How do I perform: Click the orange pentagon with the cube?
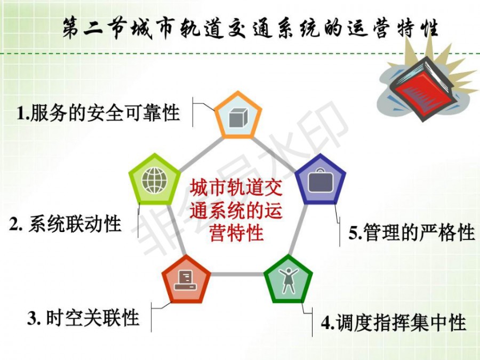point(238,115)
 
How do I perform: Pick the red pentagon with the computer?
point(186,279)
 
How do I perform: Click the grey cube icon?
point(238,118)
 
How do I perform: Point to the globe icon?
point(155,180)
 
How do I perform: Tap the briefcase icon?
point(320,181)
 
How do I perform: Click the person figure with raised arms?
point(288,280)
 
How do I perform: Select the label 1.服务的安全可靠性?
point(98,113)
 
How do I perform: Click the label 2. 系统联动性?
point(65,224)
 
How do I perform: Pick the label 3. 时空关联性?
point(83,317)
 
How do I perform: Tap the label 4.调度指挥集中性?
point(394,322)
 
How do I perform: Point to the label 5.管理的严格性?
point(412,233)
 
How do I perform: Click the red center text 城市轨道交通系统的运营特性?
point(236,211)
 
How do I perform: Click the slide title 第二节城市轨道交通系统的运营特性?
point(251,28)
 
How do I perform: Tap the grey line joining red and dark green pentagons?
point(237,274)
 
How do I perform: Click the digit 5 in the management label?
point(354,233)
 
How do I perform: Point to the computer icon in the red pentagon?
point(185,280)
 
